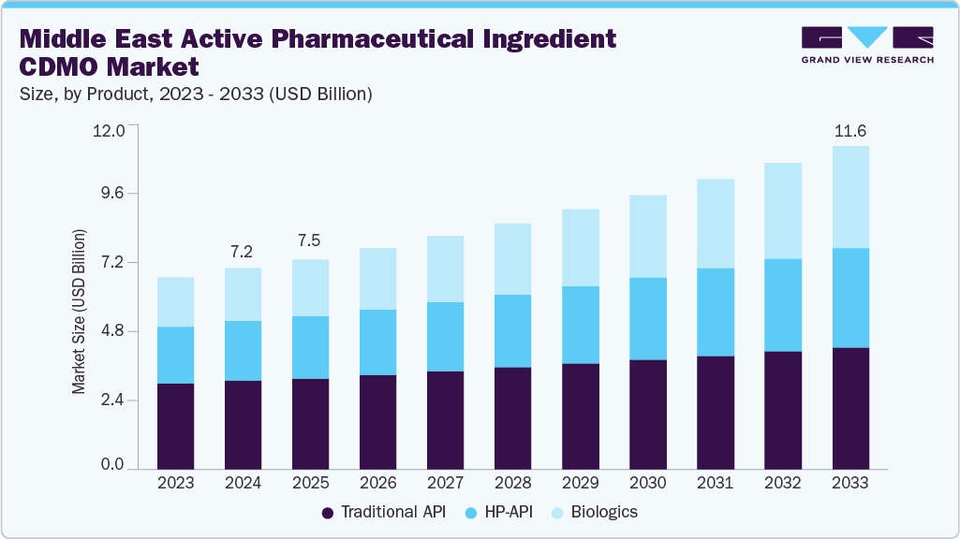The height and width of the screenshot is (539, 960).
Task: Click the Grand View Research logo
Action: click(x=867, y=45)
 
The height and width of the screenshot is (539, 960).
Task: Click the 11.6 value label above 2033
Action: click(x=850, y=130)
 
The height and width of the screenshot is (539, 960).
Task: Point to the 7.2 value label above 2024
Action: click(x=243, y=253)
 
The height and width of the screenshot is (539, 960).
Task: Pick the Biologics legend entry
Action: click(x=596, y=512)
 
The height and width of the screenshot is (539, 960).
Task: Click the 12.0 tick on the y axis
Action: click(x=109, y=130)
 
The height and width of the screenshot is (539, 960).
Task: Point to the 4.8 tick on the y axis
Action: click(x=112, y=330)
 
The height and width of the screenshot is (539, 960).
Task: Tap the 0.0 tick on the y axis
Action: click(x=112, y=465)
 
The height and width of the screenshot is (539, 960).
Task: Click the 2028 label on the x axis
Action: click(x=512, y=483)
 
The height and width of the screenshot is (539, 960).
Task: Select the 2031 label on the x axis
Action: click(x=715, y=483)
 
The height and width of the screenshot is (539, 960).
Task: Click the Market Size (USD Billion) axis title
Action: click(x=80, y=310)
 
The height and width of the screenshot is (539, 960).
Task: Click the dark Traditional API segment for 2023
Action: click(x=175, y=426)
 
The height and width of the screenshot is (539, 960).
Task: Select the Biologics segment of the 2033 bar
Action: click(x=850, y=197)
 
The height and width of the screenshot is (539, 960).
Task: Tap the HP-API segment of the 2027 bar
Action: click(x=445, y=337)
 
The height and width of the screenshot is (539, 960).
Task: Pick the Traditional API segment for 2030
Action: click(x=647, y=414)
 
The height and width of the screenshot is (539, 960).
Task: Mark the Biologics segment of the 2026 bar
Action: click(x=377, y=279)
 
